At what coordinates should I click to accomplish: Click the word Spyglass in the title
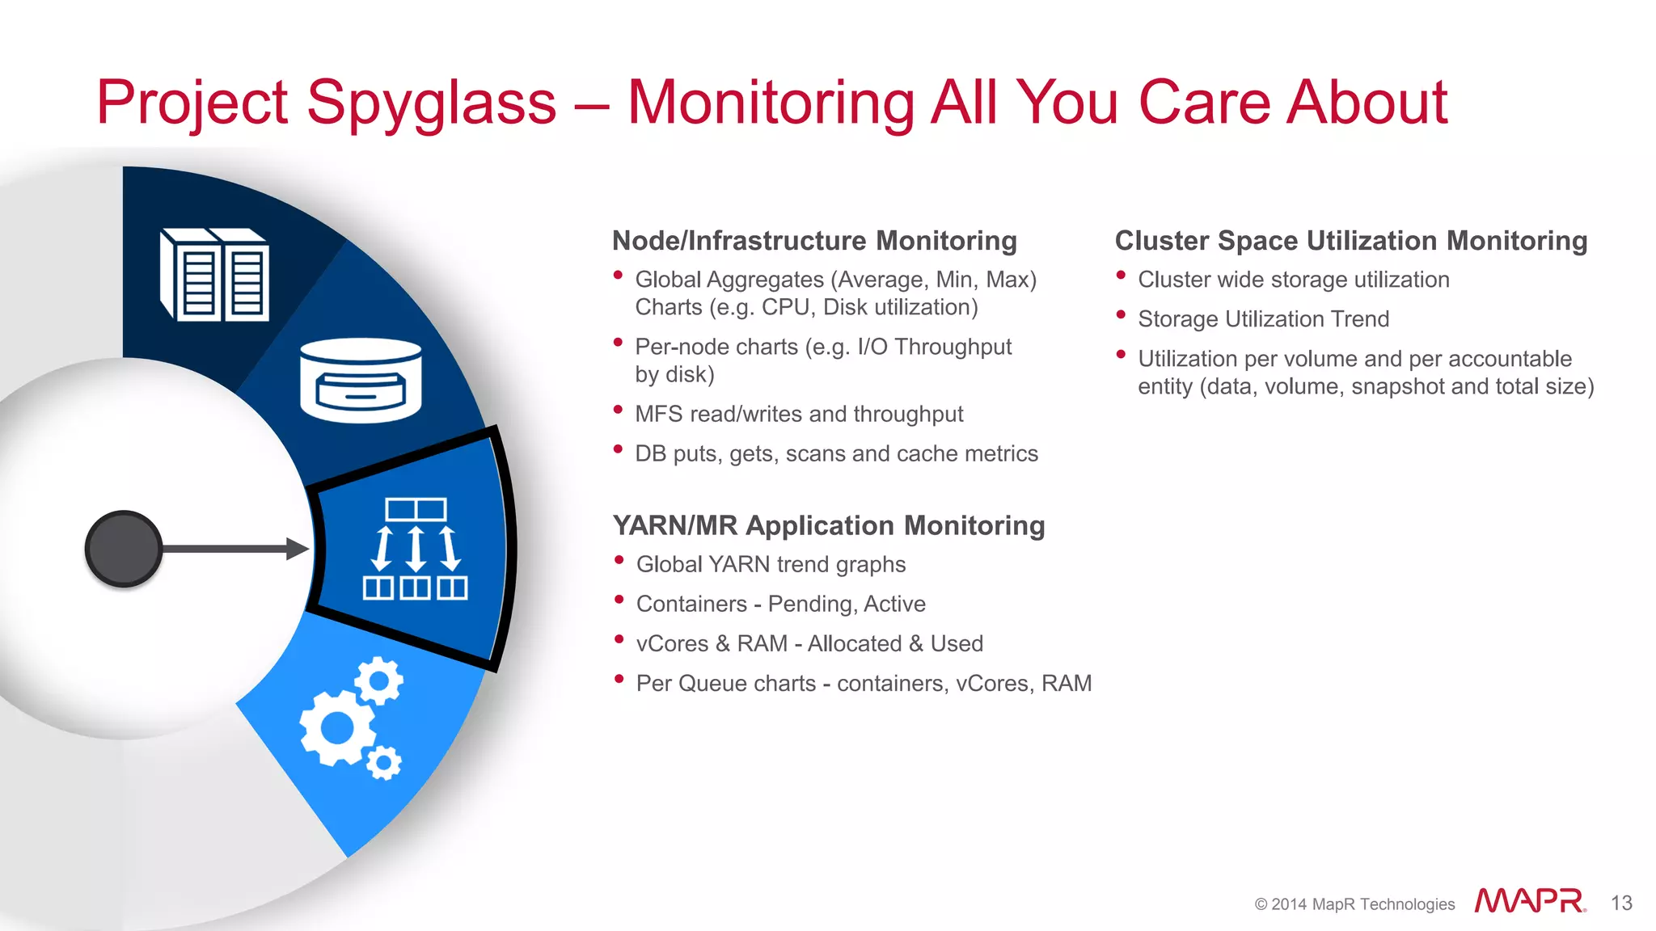point(432,103)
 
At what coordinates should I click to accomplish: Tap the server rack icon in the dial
point(215,275)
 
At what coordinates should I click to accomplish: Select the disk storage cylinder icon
point(361,380)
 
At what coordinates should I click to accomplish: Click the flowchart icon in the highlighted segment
point(415,549)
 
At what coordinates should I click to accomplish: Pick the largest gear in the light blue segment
point(337,728)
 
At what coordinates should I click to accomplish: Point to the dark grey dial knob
point(124,549)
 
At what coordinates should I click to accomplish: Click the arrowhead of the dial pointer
point(298,549)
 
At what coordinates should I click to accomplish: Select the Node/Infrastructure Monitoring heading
point(814,241)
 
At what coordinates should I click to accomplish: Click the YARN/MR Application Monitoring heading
point(828,525)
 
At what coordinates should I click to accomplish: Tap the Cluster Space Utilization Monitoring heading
point(1350,241)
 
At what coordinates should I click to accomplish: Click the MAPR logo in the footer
point(1529,901)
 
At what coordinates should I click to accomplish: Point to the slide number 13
point(1621,903)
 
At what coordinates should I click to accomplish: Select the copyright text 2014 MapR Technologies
point(1354,904)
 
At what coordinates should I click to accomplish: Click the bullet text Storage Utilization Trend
point(1263,319)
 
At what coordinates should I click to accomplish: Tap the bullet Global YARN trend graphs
point(771,564)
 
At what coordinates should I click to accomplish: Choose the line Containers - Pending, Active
point(780,604)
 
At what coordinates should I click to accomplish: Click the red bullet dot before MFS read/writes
point(619,410)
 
